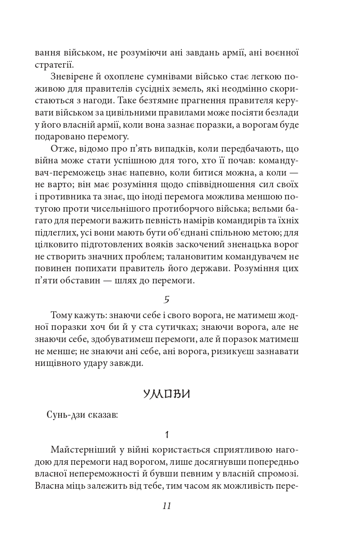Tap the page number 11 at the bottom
(x=166, y=505)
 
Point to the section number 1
(x=167, y=435)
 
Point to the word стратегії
(x=51, y=64)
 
